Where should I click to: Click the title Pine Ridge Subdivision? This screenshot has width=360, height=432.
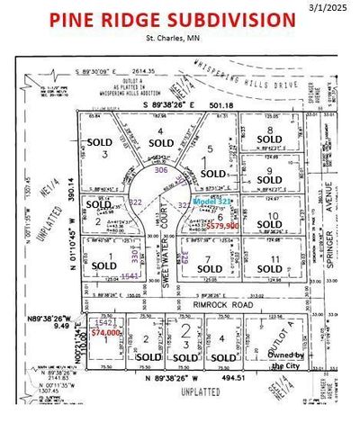pyautogui.click(x=172, y=20)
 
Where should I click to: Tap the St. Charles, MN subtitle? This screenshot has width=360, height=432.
pyautogui.click(x=170, y=37)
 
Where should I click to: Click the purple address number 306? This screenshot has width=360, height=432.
pyautogui.click(x=160, y=169)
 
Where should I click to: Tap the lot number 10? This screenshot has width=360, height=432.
pyautogui.click(x=272, y=215)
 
